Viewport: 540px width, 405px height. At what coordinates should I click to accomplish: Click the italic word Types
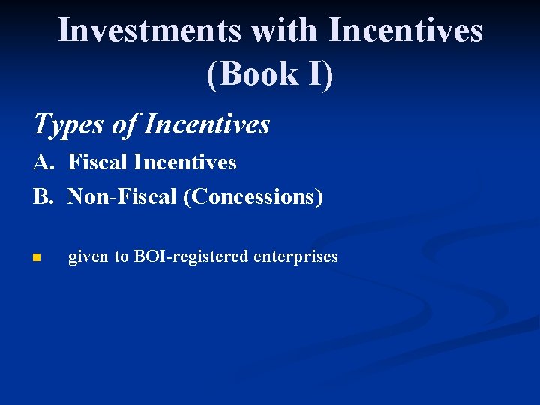click(67, 124)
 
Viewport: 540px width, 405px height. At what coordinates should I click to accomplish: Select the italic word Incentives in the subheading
click(206, 124)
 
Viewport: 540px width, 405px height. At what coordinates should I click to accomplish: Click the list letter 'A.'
click(43, 163)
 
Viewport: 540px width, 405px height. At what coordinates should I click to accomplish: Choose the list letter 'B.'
click(43, 196)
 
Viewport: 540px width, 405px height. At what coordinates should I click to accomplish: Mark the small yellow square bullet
click(36, 258)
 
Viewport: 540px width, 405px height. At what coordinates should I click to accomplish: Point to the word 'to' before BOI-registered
click(121, 256)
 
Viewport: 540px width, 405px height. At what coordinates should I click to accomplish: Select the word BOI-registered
click(191, 256)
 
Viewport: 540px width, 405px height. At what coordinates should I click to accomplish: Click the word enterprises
click(295, 256)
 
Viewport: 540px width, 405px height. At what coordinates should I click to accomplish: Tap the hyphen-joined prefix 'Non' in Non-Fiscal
click(84, 196)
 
